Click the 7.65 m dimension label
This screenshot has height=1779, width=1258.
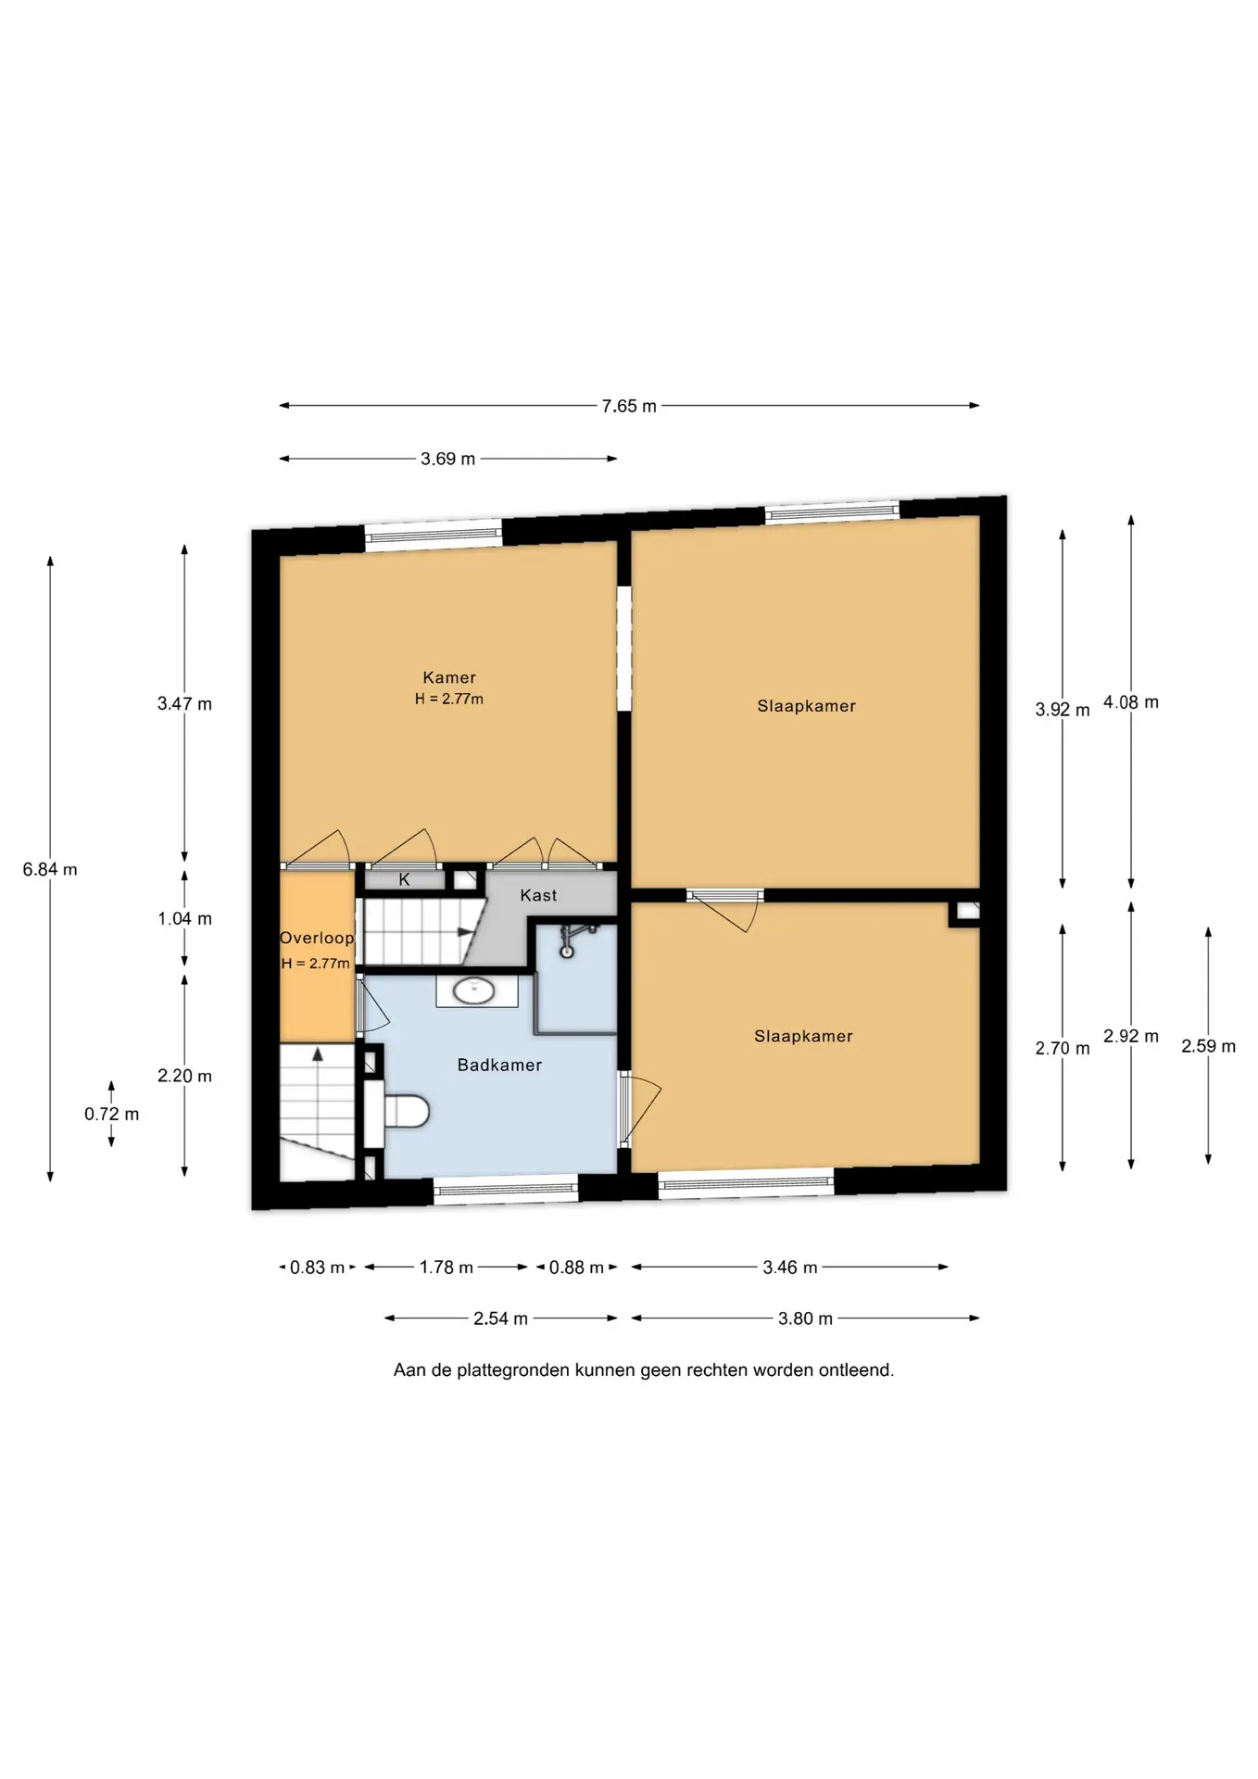(x=629, y=406)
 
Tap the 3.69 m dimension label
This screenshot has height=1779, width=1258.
(x=447, y=459)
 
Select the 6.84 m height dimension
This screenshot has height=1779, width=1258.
(x=50, y=869)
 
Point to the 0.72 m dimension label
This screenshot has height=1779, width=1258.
(x=111, y=1114)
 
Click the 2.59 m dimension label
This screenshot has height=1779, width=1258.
(x=1208, y=1046)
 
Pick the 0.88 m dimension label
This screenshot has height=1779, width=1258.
(x=576, y=1268)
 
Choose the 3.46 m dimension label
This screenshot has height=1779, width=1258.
(x=790, y=1268)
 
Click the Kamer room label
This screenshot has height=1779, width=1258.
(x=449, y=677)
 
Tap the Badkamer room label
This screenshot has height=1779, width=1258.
(x=499, y=1066)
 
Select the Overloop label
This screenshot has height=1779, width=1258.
(x=317, y=938)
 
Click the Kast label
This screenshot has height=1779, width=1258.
(x=538, y=895)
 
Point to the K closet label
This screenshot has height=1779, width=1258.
(x=404, y=879)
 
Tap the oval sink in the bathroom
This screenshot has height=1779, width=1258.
(x=475, y=990)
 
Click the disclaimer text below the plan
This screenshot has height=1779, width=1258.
(x=644, y=1370)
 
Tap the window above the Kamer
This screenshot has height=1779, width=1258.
(x=433, y=536)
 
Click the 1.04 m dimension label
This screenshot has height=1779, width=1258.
(x=184, y=919)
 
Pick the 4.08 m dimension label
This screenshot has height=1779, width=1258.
(x=1131, y=702)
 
